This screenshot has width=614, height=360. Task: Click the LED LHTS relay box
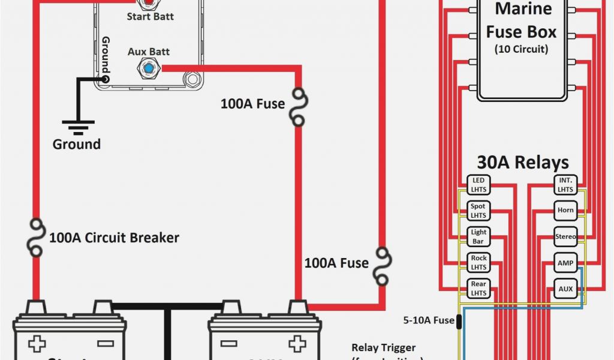click(478, 185)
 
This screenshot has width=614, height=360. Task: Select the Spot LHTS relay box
click(478, 211)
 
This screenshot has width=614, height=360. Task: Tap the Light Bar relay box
click(478, 236)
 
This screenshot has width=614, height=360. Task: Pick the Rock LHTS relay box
click(478, 262)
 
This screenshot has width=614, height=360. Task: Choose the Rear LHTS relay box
click(478, 288)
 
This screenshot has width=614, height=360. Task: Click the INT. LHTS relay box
click(565, 185)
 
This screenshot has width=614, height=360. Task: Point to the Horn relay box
click(565, 211)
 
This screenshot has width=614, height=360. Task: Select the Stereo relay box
click(565, 236)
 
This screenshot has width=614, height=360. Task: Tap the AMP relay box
click(565, 262)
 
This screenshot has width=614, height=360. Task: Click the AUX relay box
click(565, 289)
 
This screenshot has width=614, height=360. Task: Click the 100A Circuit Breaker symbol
click(35, 238)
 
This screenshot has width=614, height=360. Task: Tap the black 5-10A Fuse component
click(459, 320)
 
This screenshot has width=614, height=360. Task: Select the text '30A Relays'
click(522, 162)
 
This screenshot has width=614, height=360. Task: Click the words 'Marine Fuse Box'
click(521, 20)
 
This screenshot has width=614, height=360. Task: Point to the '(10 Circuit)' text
click(521, 49)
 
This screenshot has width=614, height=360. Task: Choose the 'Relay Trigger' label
click(383, 347)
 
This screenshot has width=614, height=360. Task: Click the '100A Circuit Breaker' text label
click(114, 238)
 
